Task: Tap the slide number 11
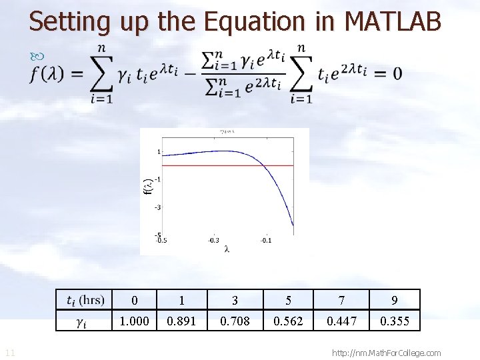10,353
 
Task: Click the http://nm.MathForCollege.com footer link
386,353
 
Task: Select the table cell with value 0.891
181,321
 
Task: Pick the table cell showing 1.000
134,321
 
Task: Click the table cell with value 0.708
235,321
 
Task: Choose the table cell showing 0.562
288,321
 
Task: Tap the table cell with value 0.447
341,321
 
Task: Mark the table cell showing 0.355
395,321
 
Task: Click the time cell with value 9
395,300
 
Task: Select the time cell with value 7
341,300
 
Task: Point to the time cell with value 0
134,300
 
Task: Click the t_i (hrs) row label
86,300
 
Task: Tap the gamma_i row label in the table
81,322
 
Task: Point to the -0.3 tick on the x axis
213,240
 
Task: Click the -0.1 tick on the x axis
265,240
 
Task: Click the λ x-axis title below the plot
227,249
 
